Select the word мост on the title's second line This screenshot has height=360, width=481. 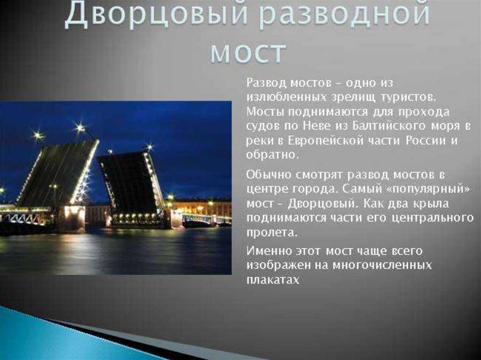click(x=248, y=52)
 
